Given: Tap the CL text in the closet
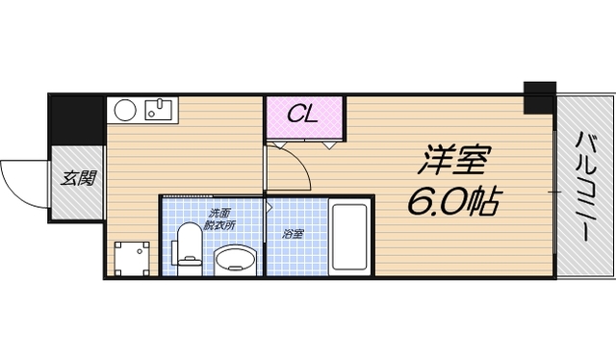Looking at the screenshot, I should click(x=304, y=116).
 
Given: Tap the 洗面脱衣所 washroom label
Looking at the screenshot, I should click(x=219, y=219).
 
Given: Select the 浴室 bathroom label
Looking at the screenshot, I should click(x=292, y=234).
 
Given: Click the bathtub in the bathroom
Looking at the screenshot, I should click(x=347, y=238).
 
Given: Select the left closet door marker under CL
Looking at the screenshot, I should click(x=276, y=144).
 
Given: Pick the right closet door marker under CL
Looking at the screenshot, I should click(x=332, y=144).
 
